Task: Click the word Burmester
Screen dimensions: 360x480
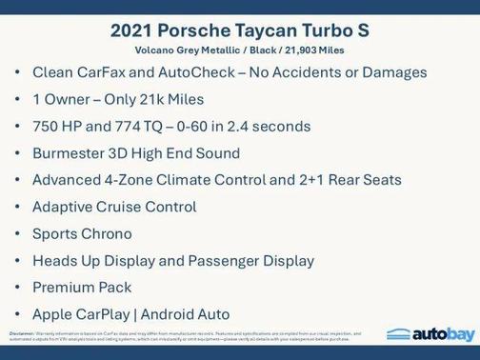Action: tap(70, 153)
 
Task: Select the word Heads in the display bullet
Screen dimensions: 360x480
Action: tap(54, 260)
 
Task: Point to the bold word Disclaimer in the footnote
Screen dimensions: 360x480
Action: tap(20, 333)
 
